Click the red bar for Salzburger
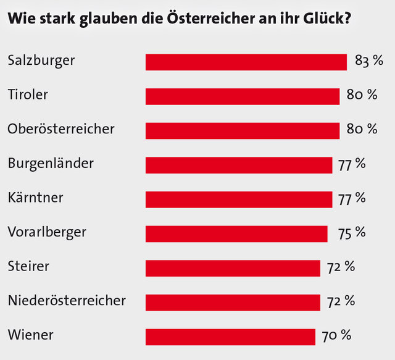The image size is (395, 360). pyautogui.click(x=246, y=62)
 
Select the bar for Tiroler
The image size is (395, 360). pyautogui.click(x=242, y=96)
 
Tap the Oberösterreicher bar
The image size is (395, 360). pyautogui.click(x=242, y=131)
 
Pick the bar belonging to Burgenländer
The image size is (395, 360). pyautogui.click(x=238, y=165)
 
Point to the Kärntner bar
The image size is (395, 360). pyautogui.click(x=238, y=199)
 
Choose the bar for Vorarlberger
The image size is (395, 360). pyautogui.click(x=236, y=233)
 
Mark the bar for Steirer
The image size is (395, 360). pyautogui.click(x=233, y=268)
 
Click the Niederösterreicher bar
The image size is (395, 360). pyautogui.click(x=233, y=302)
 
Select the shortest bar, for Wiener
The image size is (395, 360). pyautogui.click(x=230, y=337)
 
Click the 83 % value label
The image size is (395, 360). pyautogui.click(x=369, y=61)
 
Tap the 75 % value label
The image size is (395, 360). pyautogui.click(x=352, y=232)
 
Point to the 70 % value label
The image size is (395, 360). pyautogui.click(x=336, y=335)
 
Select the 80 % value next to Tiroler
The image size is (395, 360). pyautogui.click(x=362, y=95)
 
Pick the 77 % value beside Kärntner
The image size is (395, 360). pyautogui.click(x=352, y=198)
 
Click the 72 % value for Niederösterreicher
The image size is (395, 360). pyautogui.click(x=341, y=301)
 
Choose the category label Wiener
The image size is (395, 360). pyautogui.click(x=31, y=335)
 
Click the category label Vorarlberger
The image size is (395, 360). pyautogui.click(x=47, y=232)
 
